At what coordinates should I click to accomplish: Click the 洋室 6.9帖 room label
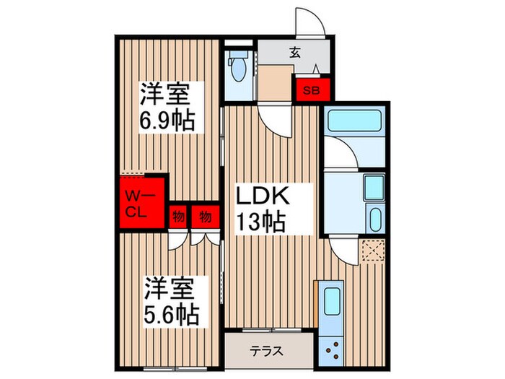coord(167,106)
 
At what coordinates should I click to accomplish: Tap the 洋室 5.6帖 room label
coord(171,301)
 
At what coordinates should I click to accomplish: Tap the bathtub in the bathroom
coord(355,121)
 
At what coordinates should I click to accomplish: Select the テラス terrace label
coord(268,352)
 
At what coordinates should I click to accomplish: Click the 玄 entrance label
coord(294,52)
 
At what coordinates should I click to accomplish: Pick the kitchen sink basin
coord(332,301)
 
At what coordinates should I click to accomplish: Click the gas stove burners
coord(333,349)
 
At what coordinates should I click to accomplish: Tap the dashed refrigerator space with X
coord(373,250)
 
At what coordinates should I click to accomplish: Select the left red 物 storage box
coord(178,217)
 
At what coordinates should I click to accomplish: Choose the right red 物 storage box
coord(206,217)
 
